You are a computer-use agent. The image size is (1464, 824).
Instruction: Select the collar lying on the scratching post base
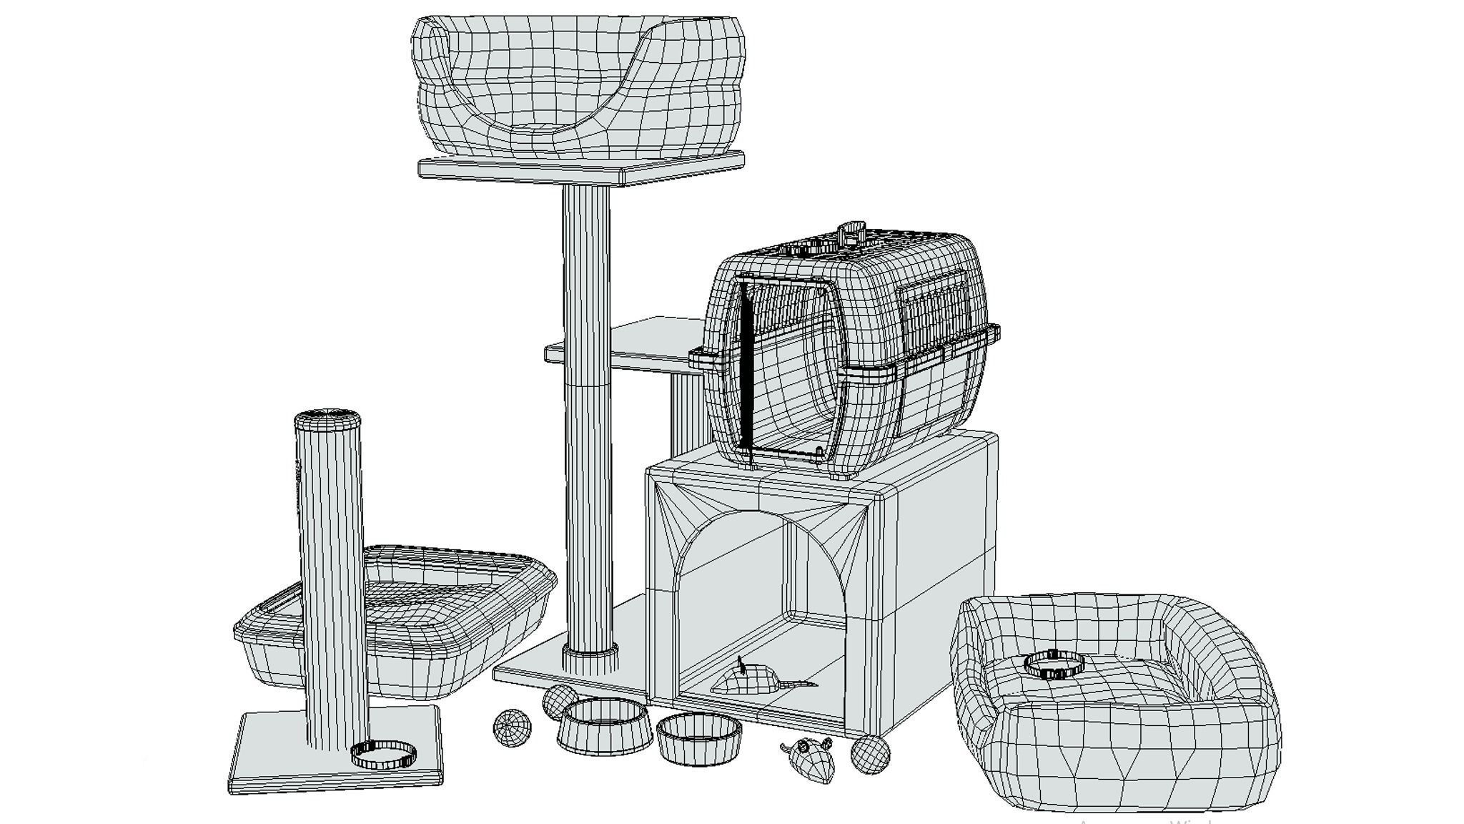point(383,754)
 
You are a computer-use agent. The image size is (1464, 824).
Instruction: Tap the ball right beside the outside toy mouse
point(870,755)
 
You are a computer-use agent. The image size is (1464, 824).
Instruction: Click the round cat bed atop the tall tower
point(579,86)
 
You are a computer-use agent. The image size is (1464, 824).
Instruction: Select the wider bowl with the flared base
point(604,726)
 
